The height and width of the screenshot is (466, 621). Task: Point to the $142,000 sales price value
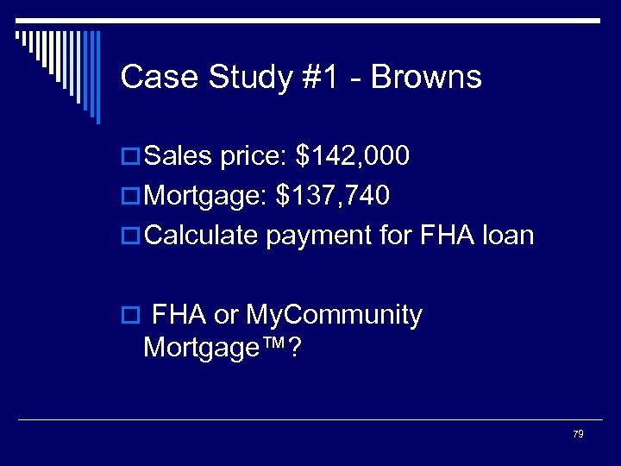click(352, 156)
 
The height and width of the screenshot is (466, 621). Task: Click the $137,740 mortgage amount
click(332, 196)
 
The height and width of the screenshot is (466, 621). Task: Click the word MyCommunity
click(334, 316)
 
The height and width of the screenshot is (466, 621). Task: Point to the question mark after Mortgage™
click(295, 348)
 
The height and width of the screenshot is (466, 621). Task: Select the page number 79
click(578, 433)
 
